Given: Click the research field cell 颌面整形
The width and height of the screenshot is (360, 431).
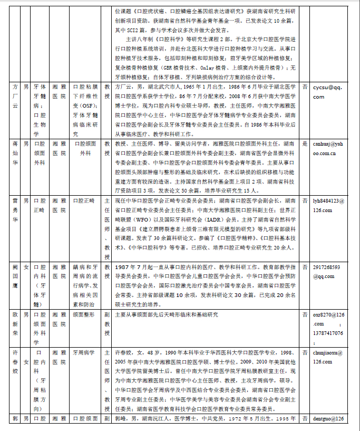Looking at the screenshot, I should tap(83, 314).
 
